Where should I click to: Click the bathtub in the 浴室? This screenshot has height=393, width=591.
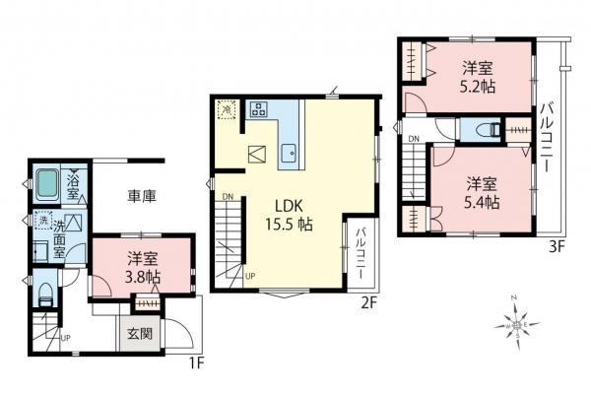click(46, 184)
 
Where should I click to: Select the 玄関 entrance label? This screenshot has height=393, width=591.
click(139, 332)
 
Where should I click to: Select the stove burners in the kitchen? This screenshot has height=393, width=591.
click(261, 108)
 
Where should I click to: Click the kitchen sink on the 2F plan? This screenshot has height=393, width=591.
click(291, 154)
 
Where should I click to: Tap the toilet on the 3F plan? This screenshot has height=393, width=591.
click(485, 130)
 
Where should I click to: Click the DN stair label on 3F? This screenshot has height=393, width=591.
click(416, 138)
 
